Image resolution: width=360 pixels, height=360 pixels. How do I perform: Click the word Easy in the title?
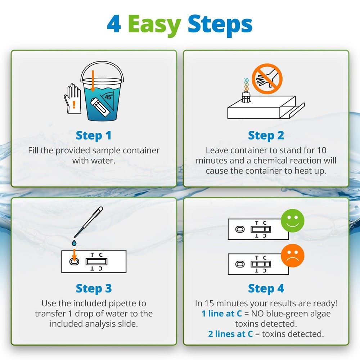pyautogui.click(x=154, y=24)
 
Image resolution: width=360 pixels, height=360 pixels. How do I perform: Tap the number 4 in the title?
pyautogui.click(x=114, y=24)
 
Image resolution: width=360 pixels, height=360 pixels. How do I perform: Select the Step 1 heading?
pyautogui.click(x=94, y=136)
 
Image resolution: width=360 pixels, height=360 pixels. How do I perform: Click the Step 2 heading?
pyautogui.click(x=266, y=136)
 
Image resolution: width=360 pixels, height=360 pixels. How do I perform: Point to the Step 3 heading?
pyautogui.click(x=94, y=288)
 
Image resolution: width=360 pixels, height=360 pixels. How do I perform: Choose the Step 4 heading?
pyautogui.click(x=266, y=288)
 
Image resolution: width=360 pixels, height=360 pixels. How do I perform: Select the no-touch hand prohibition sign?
pyautogui.click(x=267, y=79)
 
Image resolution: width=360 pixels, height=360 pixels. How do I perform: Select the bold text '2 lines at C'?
pyautogui.click(x=230, y=334)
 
